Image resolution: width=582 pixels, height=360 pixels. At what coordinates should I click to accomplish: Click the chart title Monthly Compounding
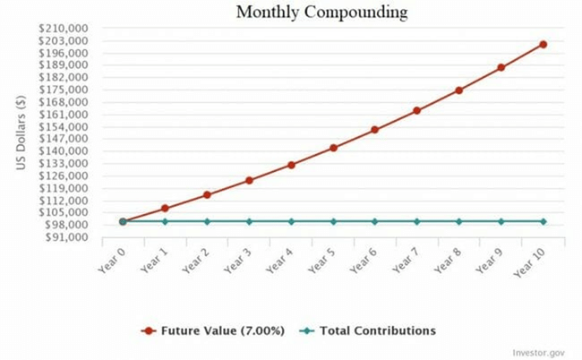click(321, 13)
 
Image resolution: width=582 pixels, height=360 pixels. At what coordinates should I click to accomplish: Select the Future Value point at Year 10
click(543, 44)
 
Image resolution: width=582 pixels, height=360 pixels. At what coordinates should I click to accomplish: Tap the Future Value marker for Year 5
click(333, 148)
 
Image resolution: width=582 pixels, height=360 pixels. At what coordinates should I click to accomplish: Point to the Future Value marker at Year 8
click(459, 90)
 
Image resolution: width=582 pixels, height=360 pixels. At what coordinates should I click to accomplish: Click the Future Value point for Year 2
click(207, 194)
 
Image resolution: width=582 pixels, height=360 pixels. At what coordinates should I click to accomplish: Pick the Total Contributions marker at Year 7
click(417, 221)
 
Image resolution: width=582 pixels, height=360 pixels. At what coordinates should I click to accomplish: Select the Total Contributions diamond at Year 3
click(249, 221)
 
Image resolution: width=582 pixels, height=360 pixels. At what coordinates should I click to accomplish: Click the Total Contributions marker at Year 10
click(543, 221)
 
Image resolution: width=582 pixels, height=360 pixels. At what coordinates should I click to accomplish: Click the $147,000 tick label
click(63, 139)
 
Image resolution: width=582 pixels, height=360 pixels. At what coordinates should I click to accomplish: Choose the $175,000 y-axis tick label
click(63, 90)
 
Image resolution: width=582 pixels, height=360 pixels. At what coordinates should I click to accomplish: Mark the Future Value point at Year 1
click(165, 209)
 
